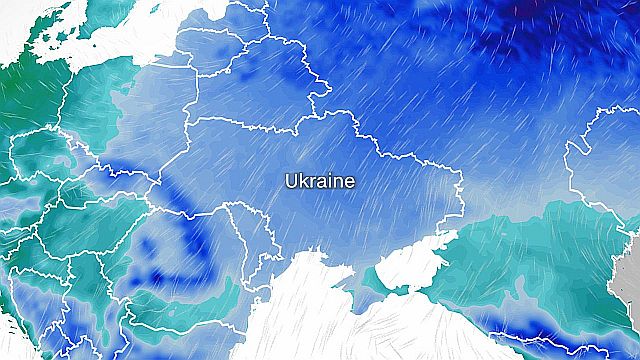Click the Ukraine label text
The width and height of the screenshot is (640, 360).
tap(320, 182)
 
